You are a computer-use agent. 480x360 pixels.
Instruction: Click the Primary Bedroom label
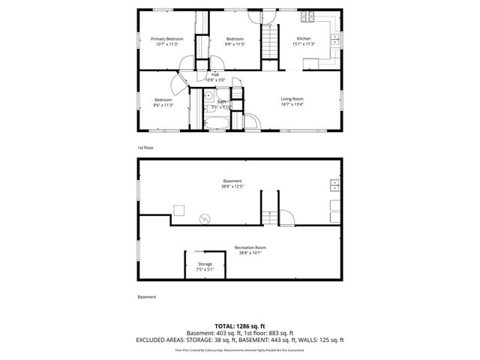tap(167, 38)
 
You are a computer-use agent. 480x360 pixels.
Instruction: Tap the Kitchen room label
tap(304, 38)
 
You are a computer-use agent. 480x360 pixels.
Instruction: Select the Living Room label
tap(292, 99)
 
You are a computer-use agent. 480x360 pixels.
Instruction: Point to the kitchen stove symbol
tap(304, 17)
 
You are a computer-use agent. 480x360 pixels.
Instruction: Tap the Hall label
tap(215, 74)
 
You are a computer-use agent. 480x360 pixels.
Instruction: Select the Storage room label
tap(205, 264)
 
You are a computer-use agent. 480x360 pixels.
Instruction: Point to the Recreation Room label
tap(250, 247)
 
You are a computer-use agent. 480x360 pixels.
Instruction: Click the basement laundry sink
tap(335, 185)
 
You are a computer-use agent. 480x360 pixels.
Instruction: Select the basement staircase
tap(269, 207)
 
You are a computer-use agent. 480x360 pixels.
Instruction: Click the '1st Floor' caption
tap(145, 148)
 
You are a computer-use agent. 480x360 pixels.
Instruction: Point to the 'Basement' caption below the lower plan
tap(147, 297)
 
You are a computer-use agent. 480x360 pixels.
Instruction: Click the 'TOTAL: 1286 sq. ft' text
tap(239, 325)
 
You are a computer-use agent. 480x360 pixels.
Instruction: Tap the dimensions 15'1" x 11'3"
tap(304, 44)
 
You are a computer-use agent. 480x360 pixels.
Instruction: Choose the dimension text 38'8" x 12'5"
tap(232, 187)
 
